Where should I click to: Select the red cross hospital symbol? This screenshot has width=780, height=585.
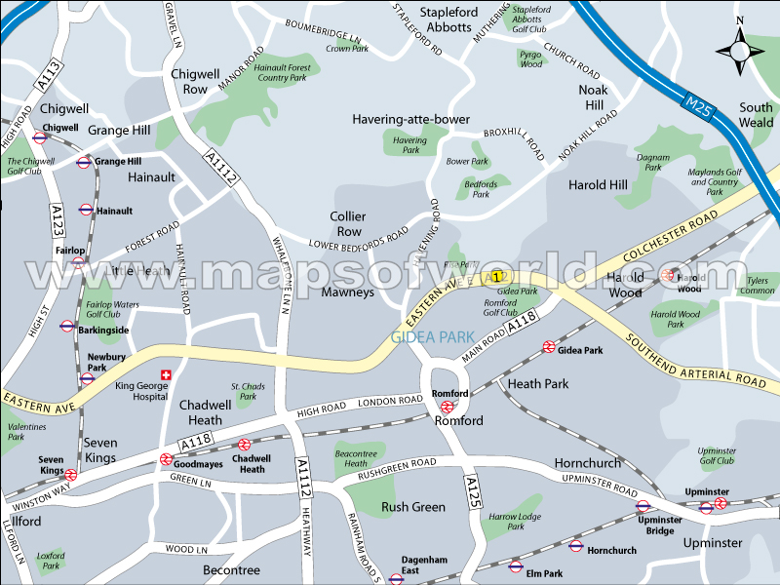(x=166, y=374)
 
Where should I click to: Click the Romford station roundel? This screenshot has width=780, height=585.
(x=447, y=407)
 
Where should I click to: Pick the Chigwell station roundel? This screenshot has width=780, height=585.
(x=40, y=137)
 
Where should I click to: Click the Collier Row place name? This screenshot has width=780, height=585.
(x=346, y=223)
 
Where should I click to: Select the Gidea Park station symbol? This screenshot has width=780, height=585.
(x=549, y=347)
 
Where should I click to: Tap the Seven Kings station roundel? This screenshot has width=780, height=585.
(x=70, y=475)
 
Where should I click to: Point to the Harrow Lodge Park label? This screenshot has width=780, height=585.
(x=515, y=522)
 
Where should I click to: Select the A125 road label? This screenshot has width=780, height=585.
(x=472, y=487)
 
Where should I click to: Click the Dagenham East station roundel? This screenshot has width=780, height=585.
(x=396, y=578)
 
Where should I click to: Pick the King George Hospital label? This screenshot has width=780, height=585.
(x=142, y=391)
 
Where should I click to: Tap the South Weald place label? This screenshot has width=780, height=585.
(x=756, y=115)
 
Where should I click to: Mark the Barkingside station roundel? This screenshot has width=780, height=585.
(x=67, y=327)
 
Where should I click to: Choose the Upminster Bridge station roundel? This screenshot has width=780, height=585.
(x=643, y=506)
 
